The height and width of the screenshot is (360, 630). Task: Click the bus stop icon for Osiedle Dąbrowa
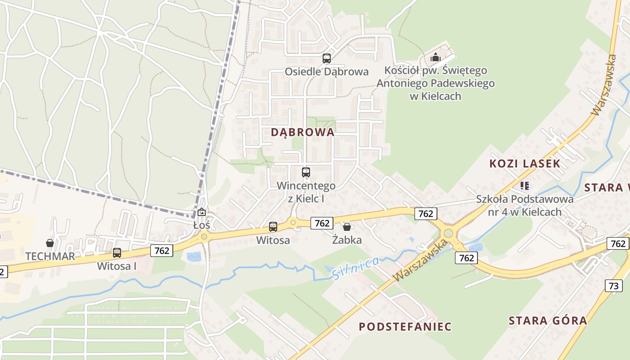327,58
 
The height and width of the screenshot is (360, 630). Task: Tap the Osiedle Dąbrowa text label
327,72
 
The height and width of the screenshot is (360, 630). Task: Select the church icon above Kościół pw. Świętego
435,57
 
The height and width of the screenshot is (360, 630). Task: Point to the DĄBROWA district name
303,132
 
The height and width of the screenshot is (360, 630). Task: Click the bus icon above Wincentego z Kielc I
306,172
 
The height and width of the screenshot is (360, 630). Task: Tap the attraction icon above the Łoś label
202,212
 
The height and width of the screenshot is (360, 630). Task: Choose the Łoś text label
202,225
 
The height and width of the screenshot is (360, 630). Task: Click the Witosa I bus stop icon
117,252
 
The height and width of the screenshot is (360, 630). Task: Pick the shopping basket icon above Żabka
346,226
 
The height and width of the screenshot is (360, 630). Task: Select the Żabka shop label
347,240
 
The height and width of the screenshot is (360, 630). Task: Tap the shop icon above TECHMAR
50,243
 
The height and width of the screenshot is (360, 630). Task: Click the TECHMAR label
50,256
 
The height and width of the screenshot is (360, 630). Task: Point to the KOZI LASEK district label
525,164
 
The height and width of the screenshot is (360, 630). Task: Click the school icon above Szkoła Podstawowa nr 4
524,185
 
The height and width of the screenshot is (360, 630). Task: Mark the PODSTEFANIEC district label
405,327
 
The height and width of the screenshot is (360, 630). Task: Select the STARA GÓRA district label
548,321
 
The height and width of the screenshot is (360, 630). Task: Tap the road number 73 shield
614,285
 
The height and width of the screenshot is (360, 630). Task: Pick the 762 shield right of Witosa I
162,251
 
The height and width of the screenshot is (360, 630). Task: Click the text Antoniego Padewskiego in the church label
435,83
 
